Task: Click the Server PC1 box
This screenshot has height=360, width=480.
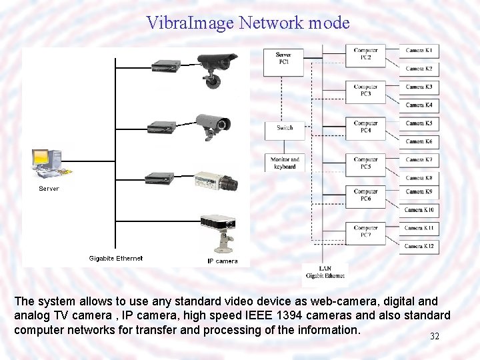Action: pos(285,59)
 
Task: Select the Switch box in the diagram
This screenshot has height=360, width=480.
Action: pos(285,127)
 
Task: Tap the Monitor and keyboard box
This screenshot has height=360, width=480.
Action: pos(285,162)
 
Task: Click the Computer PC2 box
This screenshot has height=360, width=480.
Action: pos(365,54)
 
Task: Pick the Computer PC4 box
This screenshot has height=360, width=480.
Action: pos(365,127)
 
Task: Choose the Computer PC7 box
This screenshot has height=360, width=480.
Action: pos(365,231)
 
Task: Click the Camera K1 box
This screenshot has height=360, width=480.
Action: pos(419,51)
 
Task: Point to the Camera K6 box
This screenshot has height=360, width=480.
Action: pos(419,141)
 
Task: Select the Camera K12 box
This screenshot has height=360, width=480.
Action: pos(419,246)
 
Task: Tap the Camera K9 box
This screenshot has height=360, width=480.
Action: pos(419,192)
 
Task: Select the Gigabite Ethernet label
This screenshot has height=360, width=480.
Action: pos(116,258)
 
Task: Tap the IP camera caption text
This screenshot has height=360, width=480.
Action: pos(222,261)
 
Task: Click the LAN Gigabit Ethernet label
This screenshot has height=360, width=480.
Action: pos(325,272)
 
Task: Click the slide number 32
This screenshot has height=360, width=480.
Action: pos(435,337)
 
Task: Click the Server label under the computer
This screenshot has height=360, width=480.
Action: pos(49,189)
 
